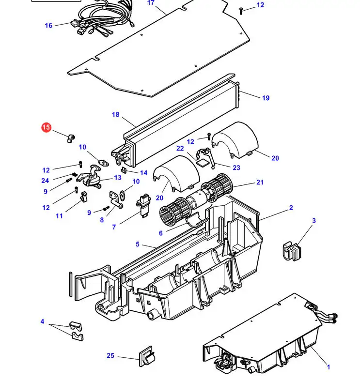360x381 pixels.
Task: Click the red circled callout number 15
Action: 46,127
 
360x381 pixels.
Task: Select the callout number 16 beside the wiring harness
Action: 48,26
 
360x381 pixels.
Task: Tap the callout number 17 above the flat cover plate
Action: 151,3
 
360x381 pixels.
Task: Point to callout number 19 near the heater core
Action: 266,98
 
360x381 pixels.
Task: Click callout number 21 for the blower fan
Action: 260,182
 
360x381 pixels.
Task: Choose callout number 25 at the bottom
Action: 110,355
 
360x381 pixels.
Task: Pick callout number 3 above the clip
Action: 314,221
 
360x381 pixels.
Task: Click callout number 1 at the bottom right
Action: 329,367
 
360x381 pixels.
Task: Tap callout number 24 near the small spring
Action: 45,181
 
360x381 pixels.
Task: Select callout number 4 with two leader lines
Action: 42,321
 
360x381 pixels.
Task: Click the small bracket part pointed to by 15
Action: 71,138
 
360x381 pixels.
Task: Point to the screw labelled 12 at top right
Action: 241,11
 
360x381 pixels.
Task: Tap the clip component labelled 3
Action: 292,251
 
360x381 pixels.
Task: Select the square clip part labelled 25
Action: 147,356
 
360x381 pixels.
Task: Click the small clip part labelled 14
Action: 125,170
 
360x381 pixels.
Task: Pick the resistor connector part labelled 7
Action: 143,205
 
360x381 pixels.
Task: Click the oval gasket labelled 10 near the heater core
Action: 103,163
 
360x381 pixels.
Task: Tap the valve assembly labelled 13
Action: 90,177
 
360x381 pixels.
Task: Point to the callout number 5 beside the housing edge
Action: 138,244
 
